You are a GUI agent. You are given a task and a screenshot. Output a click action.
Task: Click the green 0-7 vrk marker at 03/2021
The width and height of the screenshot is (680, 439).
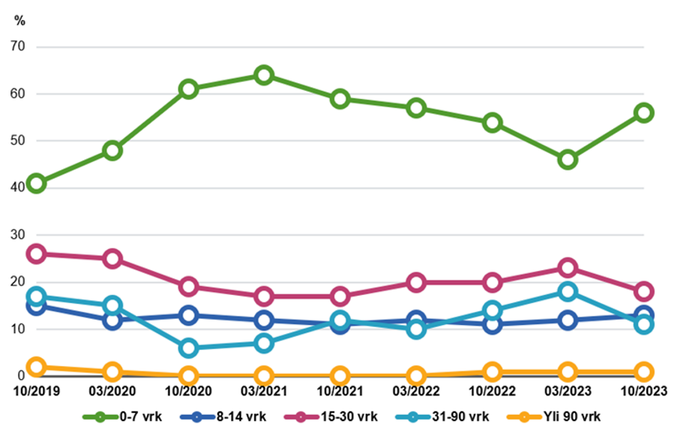264,75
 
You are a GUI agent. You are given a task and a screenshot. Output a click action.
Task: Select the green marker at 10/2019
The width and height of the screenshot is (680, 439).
36,183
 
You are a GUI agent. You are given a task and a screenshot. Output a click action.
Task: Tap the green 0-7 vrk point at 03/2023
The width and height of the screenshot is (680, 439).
568,159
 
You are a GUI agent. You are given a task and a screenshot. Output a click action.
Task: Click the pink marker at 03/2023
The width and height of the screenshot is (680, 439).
568,268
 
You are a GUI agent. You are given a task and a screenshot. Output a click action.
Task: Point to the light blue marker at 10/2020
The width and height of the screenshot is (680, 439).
188,347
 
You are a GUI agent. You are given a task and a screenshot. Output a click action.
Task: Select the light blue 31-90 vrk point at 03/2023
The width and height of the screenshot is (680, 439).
568,291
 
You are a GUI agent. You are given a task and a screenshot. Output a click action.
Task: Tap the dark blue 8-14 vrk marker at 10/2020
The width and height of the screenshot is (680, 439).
188,315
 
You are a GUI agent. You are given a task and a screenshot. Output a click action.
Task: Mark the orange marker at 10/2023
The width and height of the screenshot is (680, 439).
643,371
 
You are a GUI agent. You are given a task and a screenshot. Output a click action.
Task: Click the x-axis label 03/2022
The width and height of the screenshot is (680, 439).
416,391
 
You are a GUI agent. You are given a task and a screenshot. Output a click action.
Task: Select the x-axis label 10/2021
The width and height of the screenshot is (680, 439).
340,391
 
